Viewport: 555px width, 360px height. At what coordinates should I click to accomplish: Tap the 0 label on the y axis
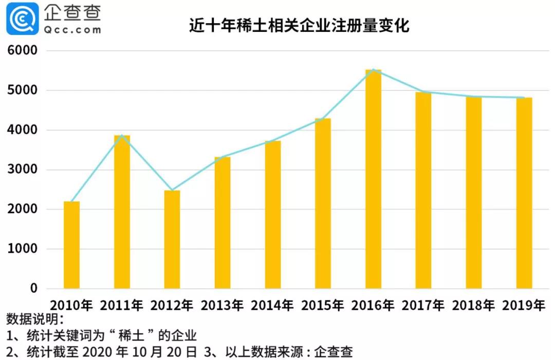pyautogui.click(x=34, y=289)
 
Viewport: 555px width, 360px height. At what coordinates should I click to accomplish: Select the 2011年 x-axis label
pyautogui.click(x=122, y=305)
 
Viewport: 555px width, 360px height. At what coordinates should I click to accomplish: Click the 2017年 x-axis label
pyautogui.click(x=423, y=305)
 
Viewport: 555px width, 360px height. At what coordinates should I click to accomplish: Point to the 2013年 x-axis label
pyautogui.click(x=222, y=305)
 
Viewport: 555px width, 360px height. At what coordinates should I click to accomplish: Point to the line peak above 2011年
pyautogui.click(x=122, y=136)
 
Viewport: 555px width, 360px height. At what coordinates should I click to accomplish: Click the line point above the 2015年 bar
pyautogui.click(x=323, y=119)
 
